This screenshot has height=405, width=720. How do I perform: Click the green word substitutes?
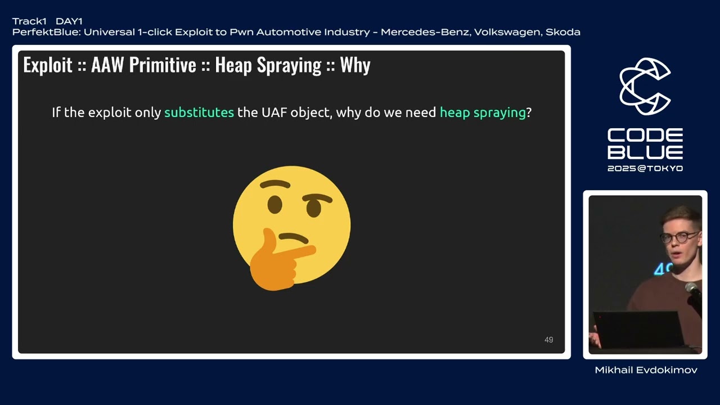pos(199,112)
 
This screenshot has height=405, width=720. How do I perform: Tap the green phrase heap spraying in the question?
pos(483,112)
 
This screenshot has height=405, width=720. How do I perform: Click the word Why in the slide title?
pos(355,65)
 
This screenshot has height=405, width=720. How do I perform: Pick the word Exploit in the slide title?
pos(48,65)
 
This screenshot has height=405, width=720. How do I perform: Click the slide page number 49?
pos(548,340)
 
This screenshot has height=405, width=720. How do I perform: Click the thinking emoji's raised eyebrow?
pos(318,197)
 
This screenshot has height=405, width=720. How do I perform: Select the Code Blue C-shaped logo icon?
pos(645,86)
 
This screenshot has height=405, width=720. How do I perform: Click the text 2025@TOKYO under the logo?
pos(645,168)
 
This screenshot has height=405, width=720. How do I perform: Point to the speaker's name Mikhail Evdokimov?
pos(646,370)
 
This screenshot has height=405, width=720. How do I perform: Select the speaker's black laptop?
pos(639,328)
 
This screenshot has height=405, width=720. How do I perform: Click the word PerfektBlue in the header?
pos(46,32)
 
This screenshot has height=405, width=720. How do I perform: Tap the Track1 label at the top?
pos(29,21)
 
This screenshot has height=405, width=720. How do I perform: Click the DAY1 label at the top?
pos(69,21)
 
